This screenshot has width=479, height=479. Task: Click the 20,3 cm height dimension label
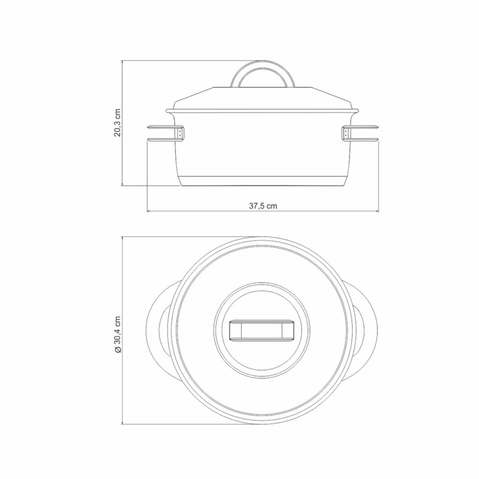pos(117,123)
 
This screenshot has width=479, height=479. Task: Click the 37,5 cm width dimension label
pos(263,206)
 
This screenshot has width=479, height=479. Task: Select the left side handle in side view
pos(165,133)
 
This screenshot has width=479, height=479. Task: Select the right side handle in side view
pos(361,133)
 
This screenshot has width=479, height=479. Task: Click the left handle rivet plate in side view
pos(181,133)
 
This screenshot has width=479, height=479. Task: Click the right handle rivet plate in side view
pos(346,133)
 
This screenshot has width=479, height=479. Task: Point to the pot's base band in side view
pos(263,181)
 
